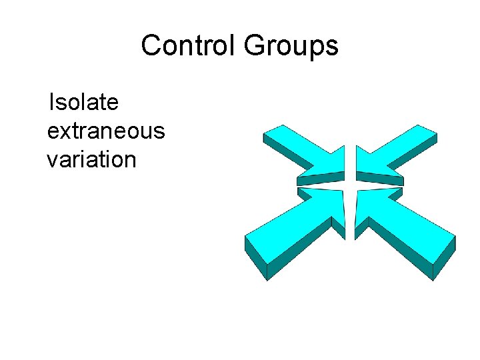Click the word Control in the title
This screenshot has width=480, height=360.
click(x=189, y=46)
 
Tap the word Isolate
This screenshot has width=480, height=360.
click(x=83, y=103)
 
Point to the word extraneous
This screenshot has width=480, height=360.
click(x=105, y=131)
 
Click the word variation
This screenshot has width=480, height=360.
click(x=91, y=160)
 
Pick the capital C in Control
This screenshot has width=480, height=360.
click(x=150, y=46)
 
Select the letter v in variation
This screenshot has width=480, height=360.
click(x=52, y=160)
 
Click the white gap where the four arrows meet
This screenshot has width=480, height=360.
click(x=350, y=183)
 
